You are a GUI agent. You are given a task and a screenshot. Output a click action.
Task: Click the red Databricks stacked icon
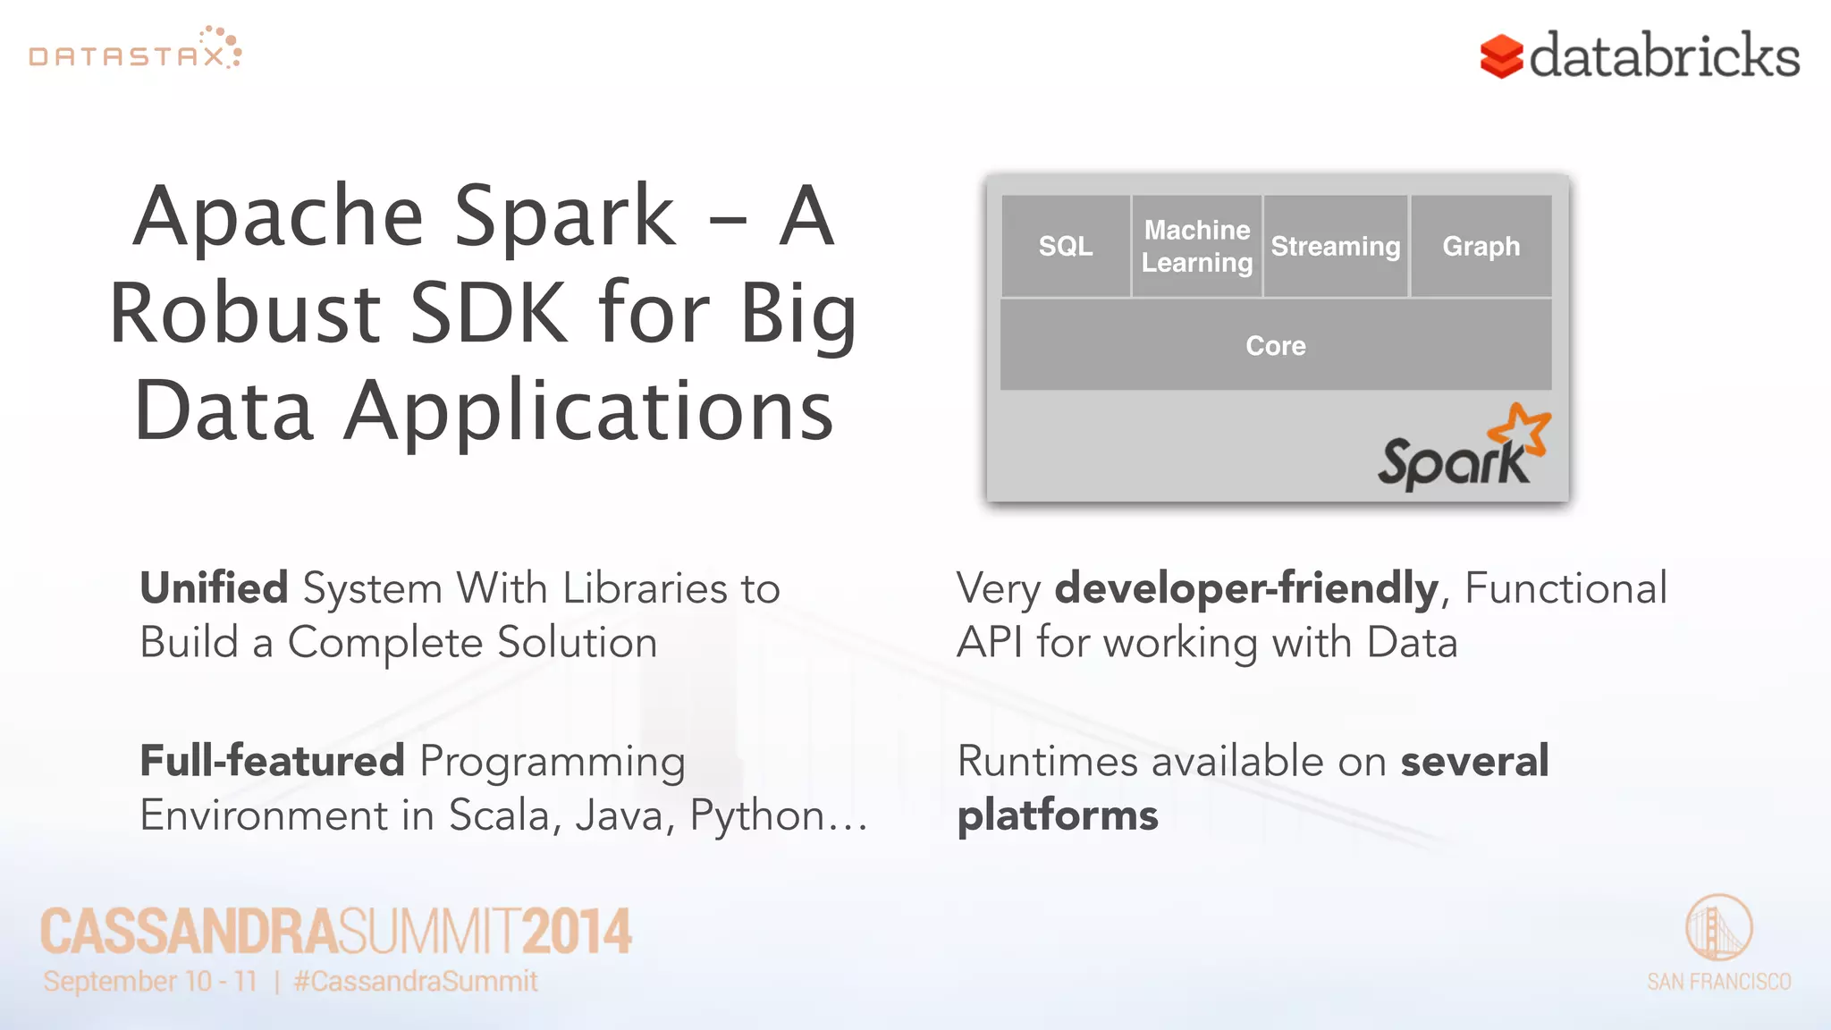tap(1501, 56)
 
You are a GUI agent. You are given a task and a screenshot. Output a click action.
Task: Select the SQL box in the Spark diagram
tap(1065, 246)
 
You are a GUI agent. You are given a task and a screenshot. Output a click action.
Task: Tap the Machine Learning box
tap(1197, 246)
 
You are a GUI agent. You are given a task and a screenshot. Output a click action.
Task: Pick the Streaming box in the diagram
tap(1336, 246)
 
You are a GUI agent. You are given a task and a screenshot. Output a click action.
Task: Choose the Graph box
tap(1481, 246)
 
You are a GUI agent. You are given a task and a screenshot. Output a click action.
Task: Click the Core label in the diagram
tap(1276, 345)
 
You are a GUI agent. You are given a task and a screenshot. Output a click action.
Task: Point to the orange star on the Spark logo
tap(1524, 431)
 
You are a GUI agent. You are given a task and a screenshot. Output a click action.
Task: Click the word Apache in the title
tap(278, 216)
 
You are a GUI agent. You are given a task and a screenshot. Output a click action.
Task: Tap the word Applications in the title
tap(588, 411)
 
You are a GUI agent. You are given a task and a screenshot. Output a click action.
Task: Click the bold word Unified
tap(214, 588)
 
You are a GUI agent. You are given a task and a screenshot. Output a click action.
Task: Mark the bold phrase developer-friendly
tap(1245, 588)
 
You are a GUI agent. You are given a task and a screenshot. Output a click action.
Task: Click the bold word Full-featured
tap(273, 761)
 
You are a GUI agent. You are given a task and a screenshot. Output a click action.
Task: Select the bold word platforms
tap(1057, 815)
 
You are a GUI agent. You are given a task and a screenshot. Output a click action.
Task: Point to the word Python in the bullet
tap(756, 815)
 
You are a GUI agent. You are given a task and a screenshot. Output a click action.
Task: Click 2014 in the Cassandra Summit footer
tap(577, 931)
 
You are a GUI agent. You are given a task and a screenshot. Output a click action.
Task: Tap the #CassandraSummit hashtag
tap(416, 982)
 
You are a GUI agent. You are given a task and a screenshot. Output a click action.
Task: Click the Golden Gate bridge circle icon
tap(1718, 927)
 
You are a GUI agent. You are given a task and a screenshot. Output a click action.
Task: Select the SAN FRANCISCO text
tap(1718, 982)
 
